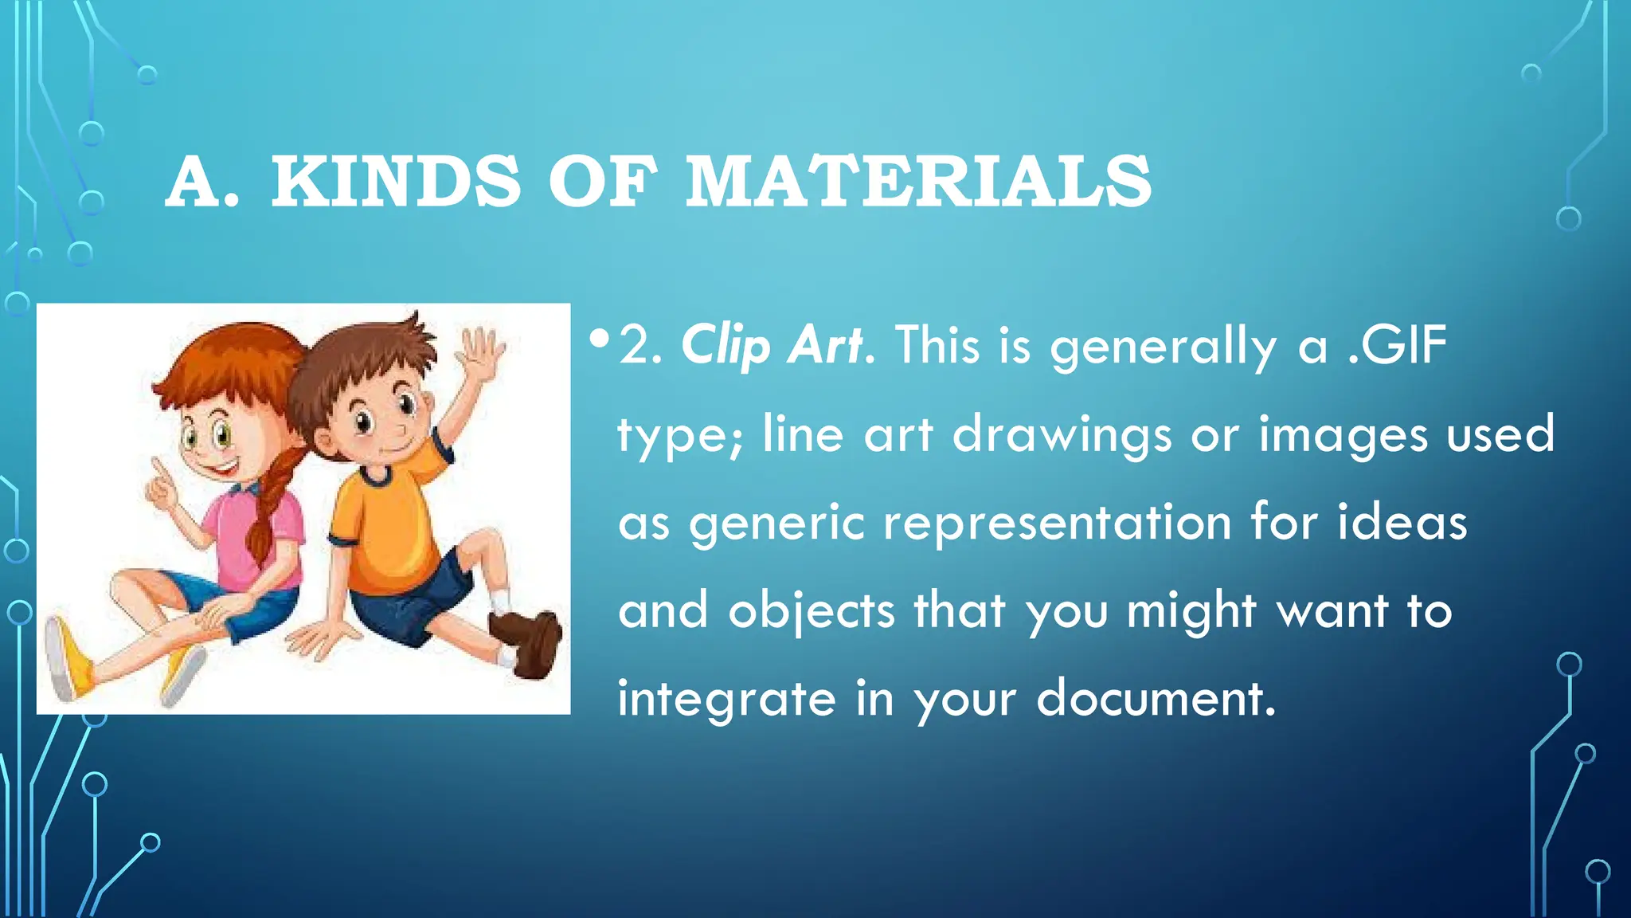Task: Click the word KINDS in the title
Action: click(396, 182)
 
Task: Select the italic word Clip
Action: click(726, 346)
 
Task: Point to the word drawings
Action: click(1062, 435)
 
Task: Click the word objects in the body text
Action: click(812, 612)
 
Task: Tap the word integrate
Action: click(727, 700)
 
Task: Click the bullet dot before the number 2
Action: click(600, 340)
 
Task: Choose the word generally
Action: click(1164, 346)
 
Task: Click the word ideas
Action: click(1402, 524)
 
